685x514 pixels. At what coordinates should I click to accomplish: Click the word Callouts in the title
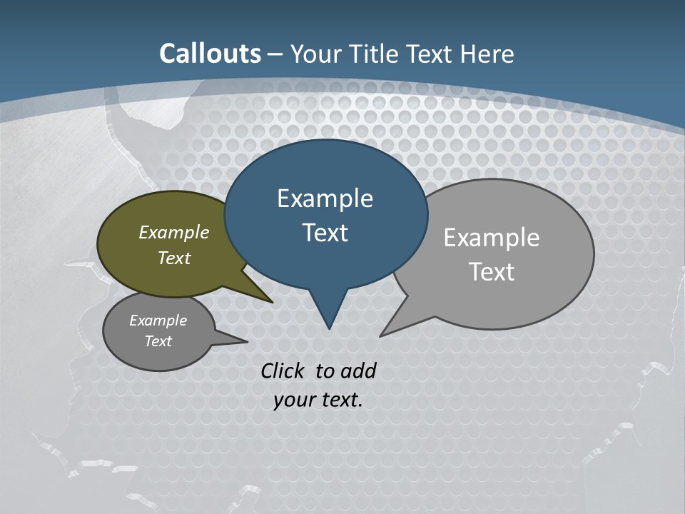(210, 54)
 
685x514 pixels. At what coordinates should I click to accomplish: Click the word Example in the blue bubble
(325, 198)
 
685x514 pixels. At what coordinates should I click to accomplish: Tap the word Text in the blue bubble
(325, 233)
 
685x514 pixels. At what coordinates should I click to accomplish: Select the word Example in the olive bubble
(174, 233)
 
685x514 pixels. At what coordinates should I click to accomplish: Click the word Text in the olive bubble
(174, 258)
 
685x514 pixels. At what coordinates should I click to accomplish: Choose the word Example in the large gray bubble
(492, 238)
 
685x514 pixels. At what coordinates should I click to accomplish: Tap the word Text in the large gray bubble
(492, 272)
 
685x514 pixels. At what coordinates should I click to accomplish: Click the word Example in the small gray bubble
(158, 321)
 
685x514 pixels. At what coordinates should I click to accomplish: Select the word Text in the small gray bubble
(158, 341)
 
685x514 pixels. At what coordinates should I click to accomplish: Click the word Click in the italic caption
(285, 371)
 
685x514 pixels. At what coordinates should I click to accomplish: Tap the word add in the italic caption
(357, 371)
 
